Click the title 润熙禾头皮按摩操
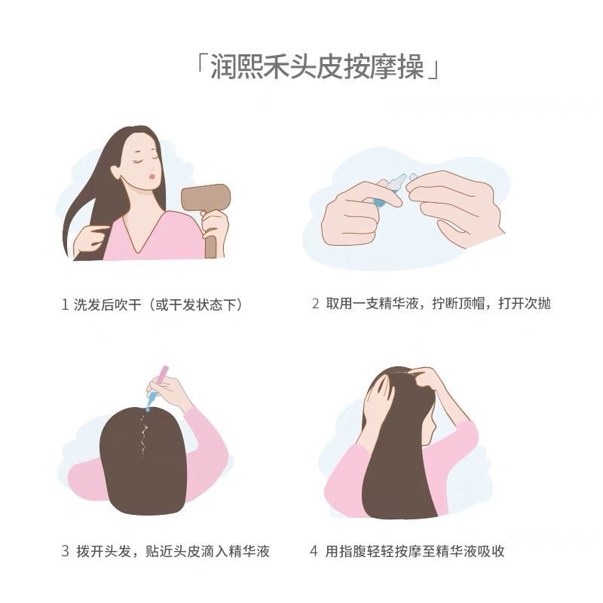pos(317,67)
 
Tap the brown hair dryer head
pos(205,197)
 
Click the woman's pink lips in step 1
pos(152,176)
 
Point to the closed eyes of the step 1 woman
pos(146,160)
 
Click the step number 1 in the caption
pos(65,305)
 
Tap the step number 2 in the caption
pos(315,304)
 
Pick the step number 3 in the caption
pos(65,551)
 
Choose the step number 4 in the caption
pos(314,551)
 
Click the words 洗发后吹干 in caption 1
pos(107,305)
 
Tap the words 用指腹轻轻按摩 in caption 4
pos(373,551)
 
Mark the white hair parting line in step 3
pos(144,436)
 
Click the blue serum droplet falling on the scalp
pos(148,409)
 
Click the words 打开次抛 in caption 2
pos(525,304)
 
